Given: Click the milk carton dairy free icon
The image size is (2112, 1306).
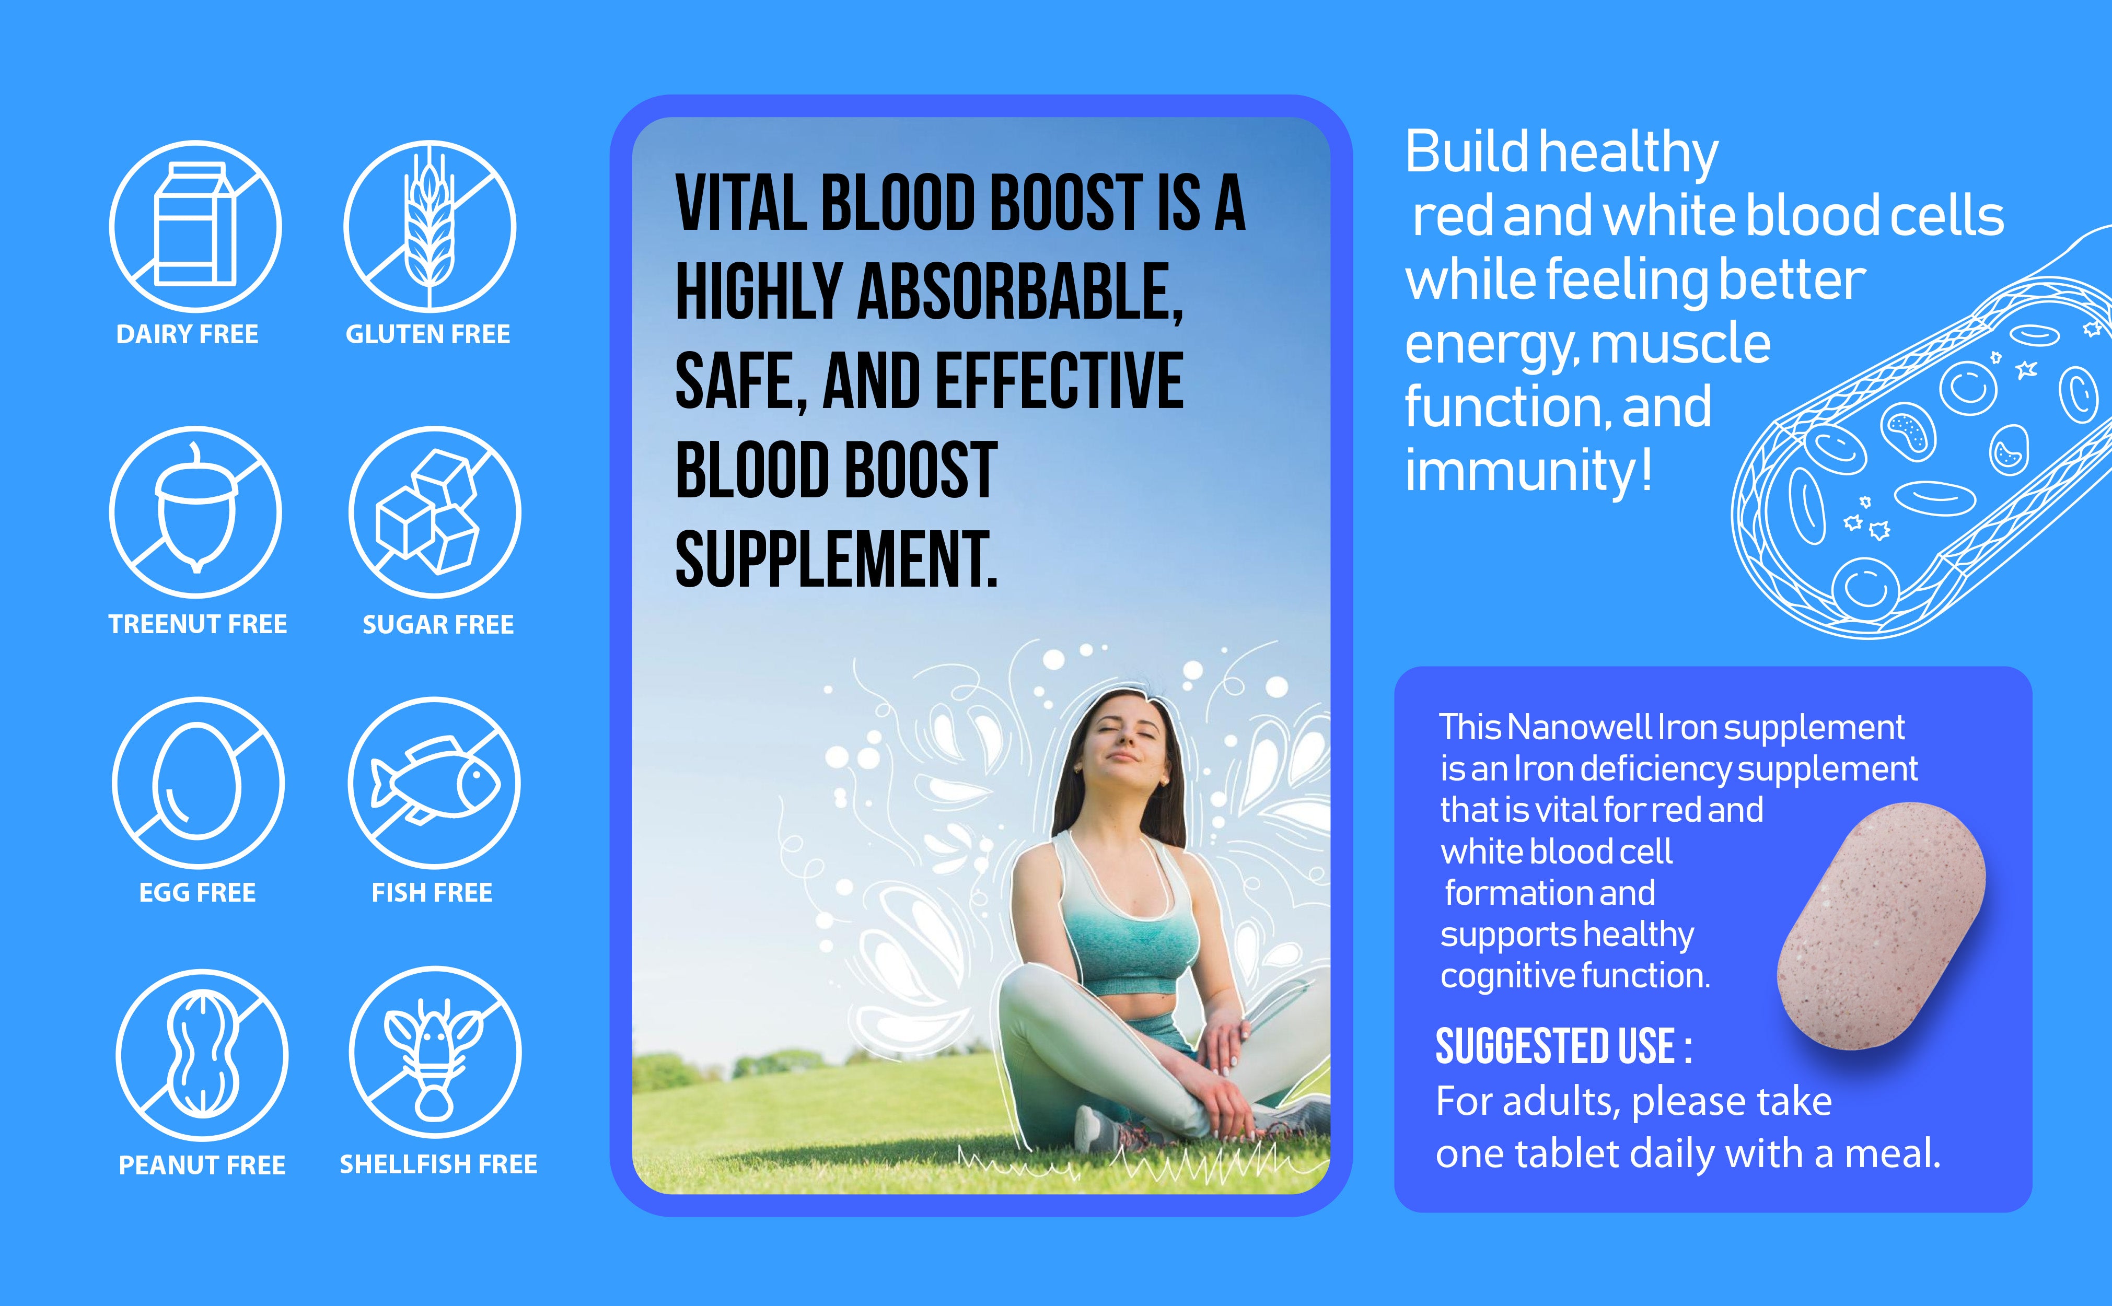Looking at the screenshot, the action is coord(195,226).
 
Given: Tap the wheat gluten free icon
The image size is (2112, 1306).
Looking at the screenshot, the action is coord(430,226).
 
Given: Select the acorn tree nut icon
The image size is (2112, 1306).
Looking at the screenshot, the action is coord(195,511).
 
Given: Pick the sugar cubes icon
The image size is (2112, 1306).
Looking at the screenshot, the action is coord(435,511).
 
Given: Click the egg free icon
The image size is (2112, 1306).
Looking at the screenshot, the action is coord(198,783).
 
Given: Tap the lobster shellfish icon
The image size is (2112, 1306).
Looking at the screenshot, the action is coord(435,1052).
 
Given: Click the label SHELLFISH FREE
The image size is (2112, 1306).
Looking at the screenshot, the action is coord(438,1164).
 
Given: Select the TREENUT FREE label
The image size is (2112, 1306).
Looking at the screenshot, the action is coord(198,624).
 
